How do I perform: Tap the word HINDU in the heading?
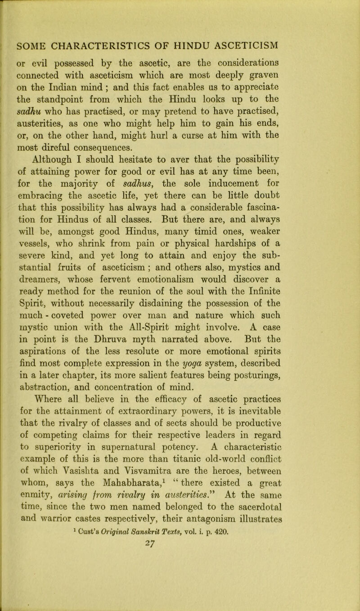[204, 46]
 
